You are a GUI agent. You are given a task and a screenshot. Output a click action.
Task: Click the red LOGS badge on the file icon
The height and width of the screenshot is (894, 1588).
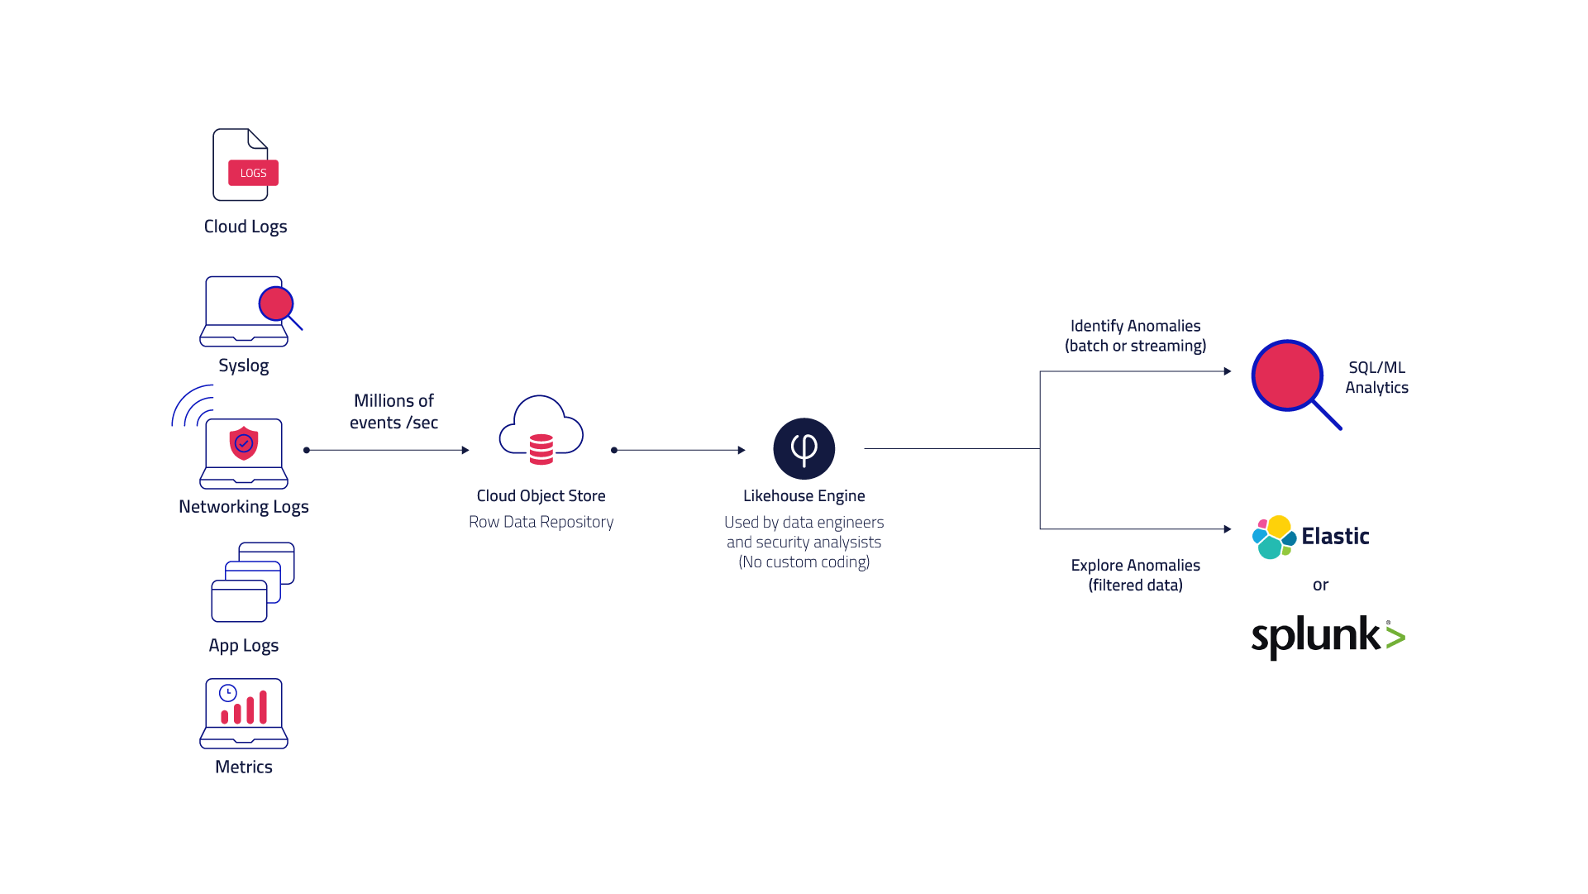coord(253,173)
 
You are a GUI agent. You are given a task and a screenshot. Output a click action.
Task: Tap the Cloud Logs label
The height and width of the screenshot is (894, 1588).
coord(246,227)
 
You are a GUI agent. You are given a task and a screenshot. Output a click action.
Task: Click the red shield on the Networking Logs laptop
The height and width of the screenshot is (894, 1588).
coord(244,443)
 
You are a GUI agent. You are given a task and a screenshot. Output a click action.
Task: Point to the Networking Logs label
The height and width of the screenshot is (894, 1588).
coord(244,507)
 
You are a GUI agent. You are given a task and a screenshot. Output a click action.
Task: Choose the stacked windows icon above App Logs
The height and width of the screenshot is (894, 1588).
coord(253,582)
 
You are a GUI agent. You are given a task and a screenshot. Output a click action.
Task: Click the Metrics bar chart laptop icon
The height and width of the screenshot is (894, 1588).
coord(244,714)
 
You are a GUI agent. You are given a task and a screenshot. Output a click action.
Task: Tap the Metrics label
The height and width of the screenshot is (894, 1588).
coord(244,767)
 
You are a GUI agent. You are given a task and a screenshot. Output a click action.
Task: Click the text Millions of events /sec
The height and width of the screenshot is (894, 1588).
coord(393,411)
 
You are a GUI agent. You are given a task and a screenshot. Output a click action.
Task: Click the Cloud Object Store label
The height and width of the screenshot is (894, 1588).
coord(541,496)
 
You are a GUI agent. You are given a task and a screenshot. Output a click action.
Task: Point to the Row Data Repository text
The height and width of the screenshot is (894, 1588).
coord(541,522)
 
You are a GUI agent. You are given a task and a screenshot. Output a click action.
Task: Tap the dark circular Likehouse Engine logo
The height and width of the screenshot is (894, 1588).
coord(804,449)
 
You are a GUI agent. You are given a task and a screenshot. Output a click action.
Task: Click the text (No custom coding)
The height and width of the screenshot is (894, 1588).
coord(804,562)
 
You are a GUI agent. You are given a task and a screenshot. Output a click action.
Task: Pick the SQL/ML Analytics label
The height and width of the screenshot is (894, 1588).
coord(1377,377)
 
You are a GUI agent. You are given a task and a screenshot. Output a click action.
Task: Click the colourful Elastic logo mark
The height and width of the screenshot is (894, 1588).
coord(1274,537)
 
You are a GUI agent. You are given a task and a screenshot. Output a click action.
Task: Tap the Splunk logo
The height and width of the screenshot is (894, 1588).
coord(1328,637)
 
